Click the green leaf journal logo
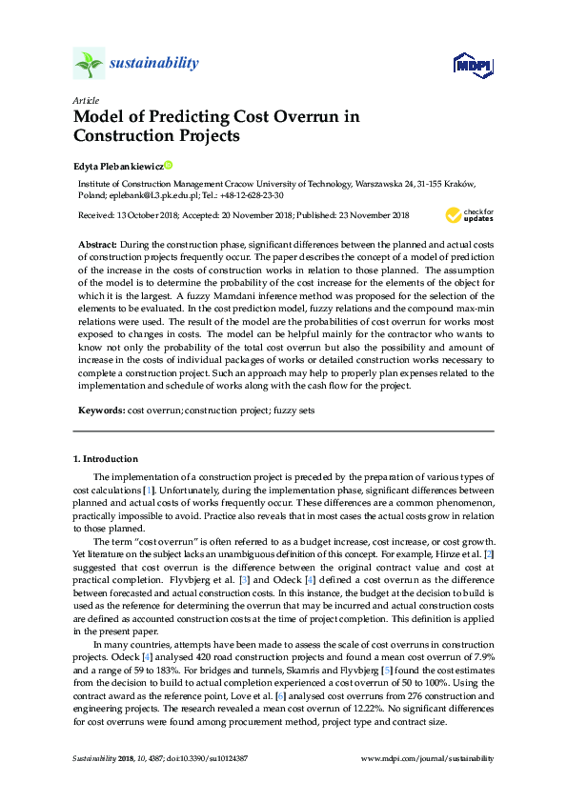(89, 64)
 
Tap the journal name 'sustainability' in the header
(153, 64)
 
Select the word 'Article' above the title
(84, 100)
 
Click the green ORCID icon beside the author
(169, 165)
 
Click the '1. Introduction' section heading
(106, 458)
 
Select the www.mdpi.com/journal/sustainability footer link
(429, 758)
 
